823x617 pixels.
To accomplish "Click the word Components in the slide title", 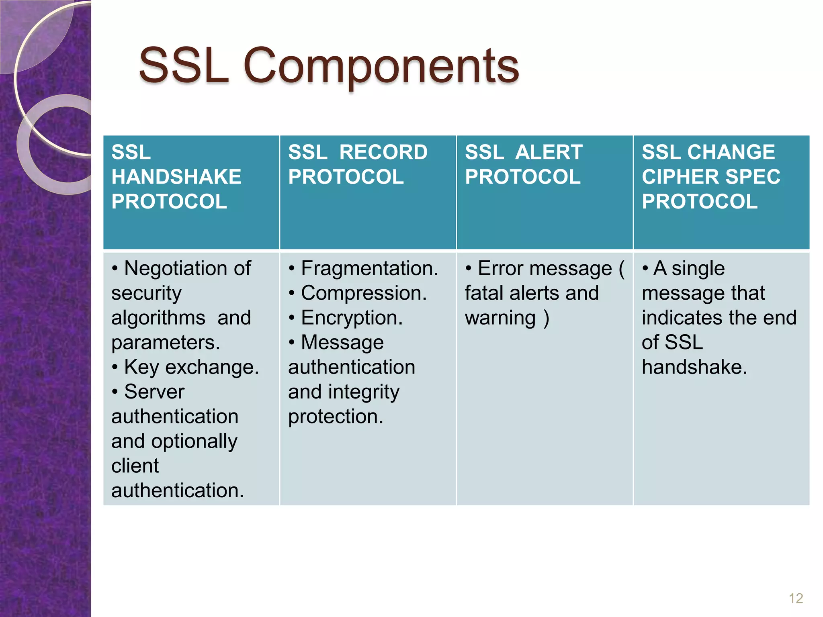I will tap(381, 66).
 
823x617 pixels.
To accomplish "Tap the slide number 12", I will tap(796, 598).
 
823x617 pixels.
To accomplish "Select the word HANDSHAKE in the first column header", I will tap(176, 177).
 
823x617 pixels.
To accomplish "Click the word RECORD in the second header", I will tap(383, 152).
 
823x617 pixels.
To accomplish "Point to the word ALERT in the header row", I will tap(549, 152).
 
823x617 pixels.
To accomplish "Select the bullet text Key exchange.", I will tap(192, 367).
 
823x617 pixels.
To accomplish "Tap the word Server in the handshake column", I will tap(154, 392).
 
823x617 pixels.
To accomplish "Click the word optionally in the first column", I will tap(194, 441).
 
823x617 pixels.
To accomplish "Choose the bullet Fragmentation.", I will tap(369, 268).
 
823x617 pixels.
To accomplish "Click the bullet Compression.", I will tap(364, 293).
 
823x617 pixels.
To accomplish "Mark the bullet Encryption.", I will tap(352, 318).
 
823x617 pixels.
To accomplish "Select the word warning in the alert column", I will tap(500, 318).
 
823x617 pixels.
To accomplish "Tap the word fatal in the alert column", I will tap(484, 293).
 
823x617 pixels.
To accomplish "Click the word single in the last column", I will tap(698, 269).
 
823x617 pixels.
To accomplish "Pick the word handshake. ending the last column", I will tap(694, 367).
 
